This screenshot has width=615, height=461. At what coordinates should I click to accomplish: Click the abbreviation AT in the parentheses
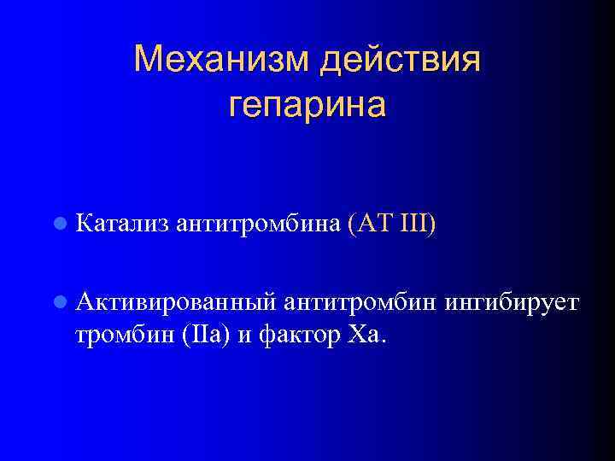tap(374, 225)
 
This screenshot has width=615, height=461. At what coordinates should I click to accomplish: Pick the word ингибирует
tap(502, 302)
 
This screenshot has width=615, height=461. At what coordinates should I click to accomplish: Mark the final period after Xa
tap(384, 339)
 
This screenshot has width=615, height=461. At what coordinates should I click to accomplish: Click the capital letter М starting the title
tap(149, 61)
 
